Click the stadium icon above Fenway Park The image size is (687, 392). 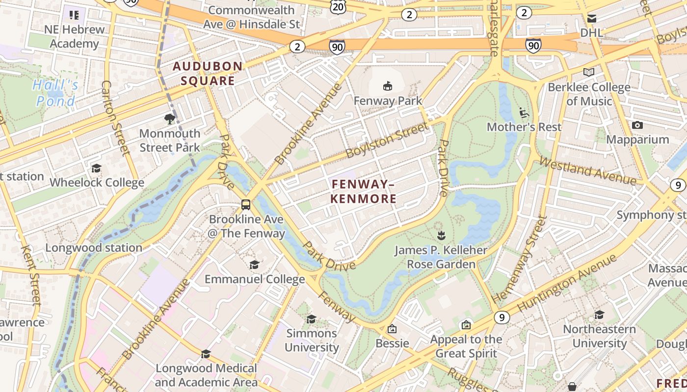(388, 86)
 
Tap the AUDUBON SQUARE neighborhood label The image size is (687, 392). (208, 73)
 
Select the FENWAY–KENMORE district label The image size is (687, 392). (364, 191)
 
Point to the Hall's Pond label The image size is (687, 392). (55, 93)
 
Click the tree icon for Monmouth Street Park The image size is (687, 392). (170, 119)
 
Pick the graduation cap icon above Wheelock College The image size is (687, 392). (96, 169)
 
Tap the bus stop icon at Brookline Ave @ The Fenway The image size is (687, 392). (246, 205)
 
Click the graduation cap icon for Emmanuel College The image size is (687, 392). (254, 265)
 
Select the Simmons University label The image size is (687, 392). (312, 340)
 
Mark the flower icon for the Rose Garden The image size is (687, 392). (441, 236)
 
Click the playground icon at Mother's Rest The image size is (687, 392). (524, 113)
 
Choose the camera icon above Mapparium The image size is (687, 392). (637, 125)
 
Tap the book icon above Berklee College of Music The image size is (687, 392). (589, 73)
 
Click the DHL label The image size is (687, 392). (592, 32)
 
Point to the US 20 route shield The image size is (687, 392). (338, 6)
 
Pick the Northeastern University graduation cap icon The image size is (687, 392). (599, 315)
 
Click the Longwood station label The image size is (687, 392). (94, 248)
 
